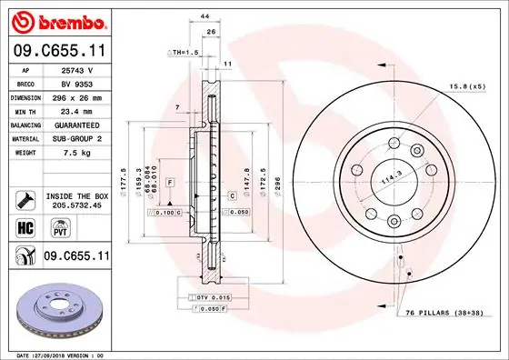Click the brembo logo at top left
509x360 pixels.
pos(56,20)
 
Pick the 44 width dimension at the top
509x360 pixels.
pos(205,17)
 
